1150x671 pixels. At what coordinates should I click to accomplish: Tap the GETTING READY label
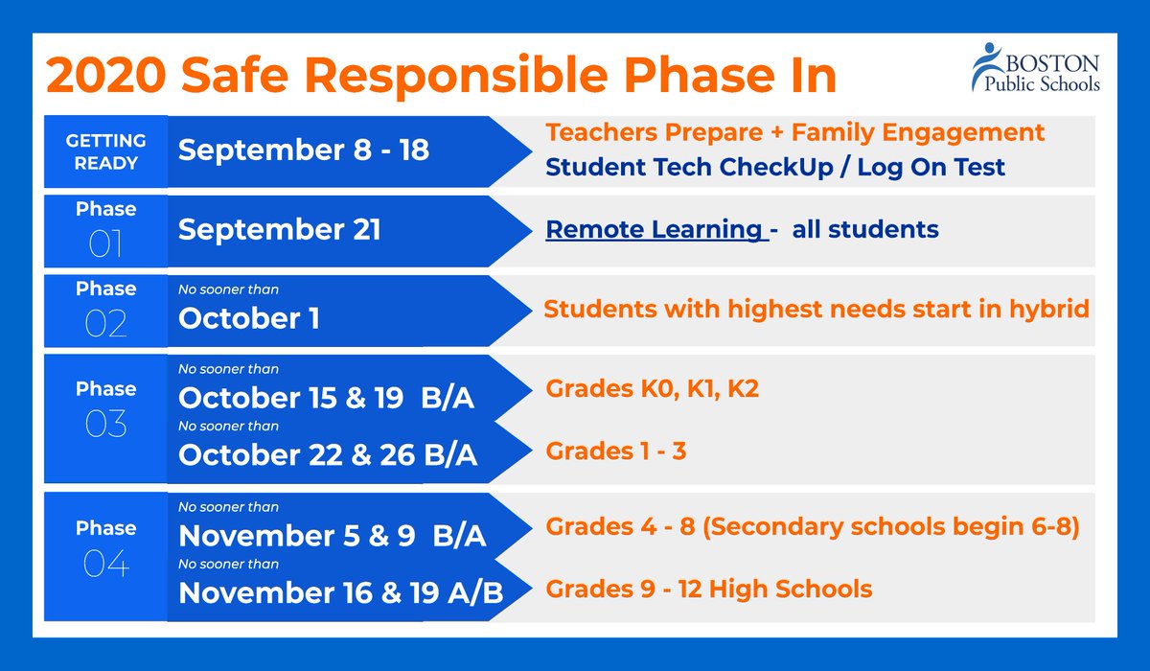coord(105,151)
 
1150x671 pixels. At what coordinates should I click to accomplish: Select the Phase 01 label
coord(105,230)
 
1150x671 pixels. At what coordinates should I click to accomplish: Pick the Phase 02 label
coord(105,310)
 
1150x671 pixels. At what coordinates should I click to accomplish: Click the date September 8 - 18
coord(304,150)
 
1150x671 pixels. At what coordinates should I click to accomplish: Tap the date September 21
coord(279,230)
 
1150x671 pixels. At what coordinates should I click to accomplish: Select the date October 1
coord(249,319)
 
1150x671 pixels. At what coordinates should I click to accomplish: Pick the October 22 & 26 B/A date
coord(328,454)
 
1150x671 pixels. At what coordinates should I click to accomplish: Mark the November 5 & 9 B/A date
coord(332,536)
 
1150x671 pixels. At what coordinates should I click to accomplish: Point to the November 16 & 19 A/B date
coord(340,592)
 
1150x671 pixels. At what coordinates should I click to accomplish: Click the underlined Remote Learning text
coord(653,229)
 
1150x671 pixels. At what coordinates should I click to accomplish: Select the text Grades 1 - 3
coord(615,450)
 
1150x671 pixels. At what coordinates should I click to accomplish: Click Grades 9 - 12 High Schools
coord(708,588)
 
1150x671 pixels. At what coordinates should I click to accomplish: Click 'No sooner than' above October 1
coord(229,289)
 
